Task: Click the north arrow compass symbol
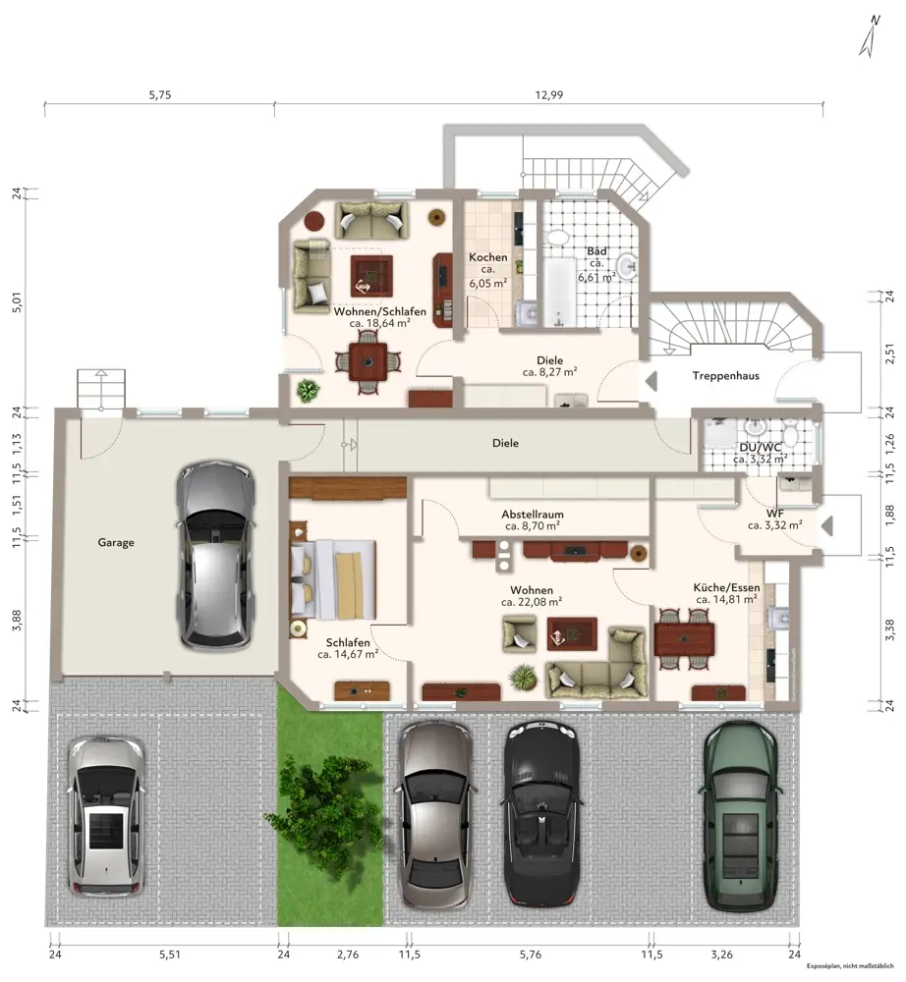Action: [870, 36]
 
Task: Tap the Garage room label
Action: [116, 542]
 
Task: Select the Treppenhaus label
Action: [725, 376]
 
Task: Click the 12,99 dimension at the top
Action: [549, 95]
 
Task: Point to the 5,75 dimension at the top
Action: [160, 95]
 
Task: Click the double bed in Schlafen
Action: [333, 579]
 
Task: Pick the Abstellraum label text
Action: [533, 515]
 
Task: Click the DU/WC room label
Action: [761, 447]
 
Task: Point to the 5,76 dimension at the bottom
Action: [530, 955]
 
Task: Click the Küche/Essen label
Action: [727, 587]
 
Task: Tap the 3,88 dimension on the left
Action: [17, 620]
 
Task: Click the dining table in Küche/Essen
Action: [684, 639]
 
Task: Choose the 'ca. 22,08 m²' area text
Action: [532, 602]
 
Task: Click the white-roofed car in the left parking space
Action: [107, 817]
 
